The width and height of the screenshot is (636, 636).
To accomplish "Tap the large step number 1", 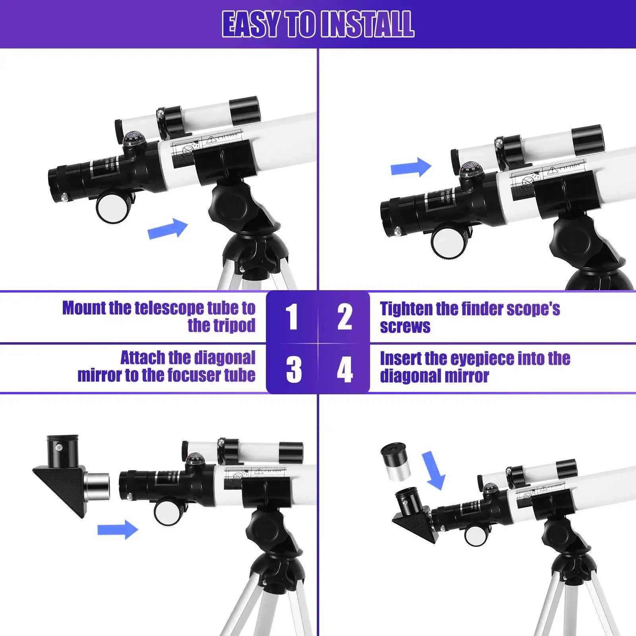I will point(292,317).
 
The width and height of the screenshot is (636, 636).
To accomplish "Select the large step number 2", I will point(345,317).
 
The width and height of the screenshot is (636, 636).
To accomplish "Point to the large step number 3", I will point(294,369).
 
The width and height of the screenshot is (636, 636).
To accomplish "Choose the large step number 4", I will point(345,369).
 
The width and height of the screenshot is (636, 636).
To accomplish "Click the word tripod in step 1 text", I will point(221,326).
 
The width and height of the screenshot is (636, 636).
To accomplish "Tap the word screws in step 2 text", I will point(405,326).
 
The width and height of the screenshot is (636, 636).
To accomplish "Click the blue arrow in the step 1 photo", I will point(167,229).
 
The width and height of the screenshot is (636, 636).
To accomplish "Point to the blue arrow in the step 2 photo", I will point(411,167).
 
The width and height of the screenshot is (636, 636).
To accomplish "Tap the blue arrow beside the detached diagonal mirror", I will point(118,529).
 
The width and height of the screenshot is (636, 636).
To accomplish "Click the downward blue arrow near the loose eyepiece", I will point(433,471).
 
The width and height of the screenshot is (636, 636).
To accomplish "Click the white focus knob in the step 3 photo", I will point(169,511).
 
